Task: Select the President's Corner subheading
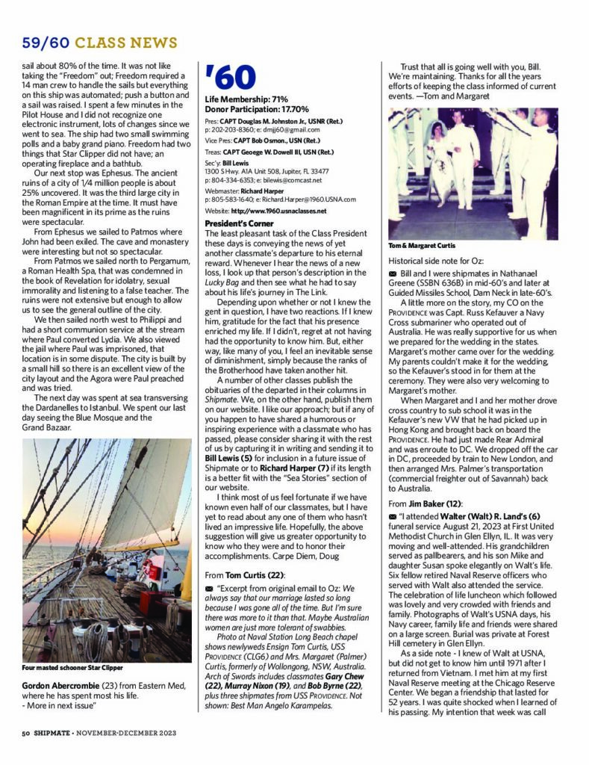pos(236,223)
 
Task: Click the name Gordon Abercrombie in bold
pos(64,685)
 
